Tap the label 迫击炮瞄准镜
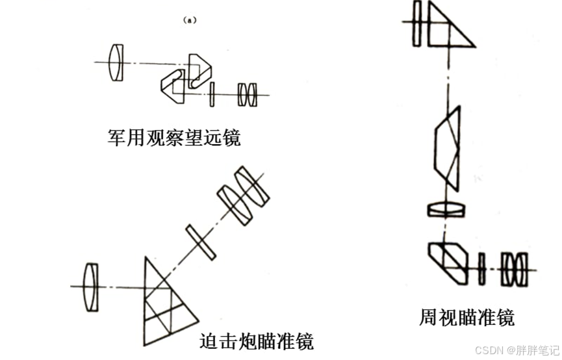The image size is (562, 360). pyautogui.click(x=256, y=341)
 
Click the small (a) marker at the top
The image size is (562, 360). pyautogui.click(x=190, y=20)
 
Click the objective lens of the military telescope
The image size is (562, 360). pyautogui.click(x=116, y=62)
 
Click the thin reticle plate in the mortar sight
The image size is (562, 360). pyautogui.click(x=199, y=241)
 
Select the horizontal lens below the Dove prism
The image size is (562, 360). pyautogui.click(x=446, y=209)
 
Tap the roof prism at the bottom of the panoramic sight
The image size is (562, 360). pyautogui.click(x=450, y=261)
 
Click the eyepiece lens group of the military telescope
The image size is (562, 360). pyautogui.click(x=248, y=95)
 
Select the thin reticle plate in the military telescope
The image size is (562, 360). pyautogui.click(x=212, y=94)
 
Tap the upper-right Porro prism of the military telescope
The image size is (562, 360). pyautogui.click(x=201, y=70)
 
